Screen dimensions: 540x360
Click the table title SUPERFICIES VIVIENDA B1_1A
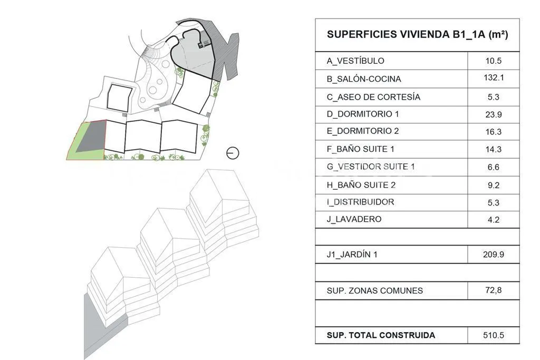[x=417, y=34]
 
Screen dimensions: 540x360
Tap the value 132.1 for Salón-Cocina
[x=494, y=77]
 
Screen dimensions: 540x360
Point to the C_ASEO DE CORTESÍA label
[x=373, y=97]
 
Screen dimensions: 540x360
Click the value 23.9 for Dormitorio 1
[x=494, y=114]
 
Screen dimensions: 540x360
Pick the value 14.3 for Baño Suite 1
[x=494, y=149]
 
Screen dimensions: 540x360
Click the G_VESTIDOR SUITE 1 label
[x=371, y=167]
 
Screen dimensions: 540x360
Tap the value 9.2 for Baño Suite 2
[x=494, y=185]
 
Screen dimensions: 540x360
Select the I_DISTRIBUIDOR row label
[x=360, y=202]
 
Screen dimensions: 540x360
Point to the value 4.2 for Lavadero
[x=494, y=220]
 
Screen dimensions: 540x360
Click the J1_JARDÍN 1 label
[x=352, y=255]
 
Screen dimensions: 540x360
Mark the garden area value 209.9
[x=494, y=255]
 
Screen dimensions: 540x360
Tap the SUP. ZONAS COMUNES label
[x=375, y=291]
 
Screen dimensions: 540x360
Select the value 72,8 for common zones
[x=494, y=290]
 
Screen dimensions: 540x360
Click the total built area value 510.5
[x=494, y=335]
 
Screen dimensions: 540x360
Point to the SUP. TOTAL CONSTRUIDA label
[x=381, y=335]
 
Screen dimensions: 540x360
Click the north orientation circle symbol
[x=233, y=153]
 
